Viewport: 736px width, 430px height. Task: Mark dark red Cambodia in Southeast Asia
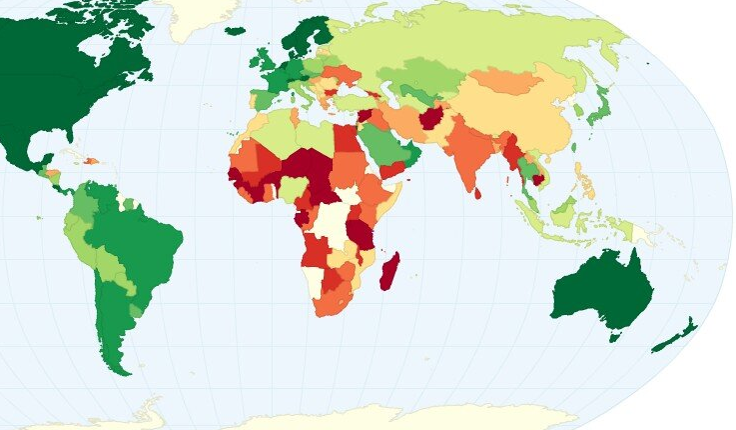(539, 179)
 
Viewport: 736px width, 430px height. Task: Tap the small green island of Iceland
(236, 30)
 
